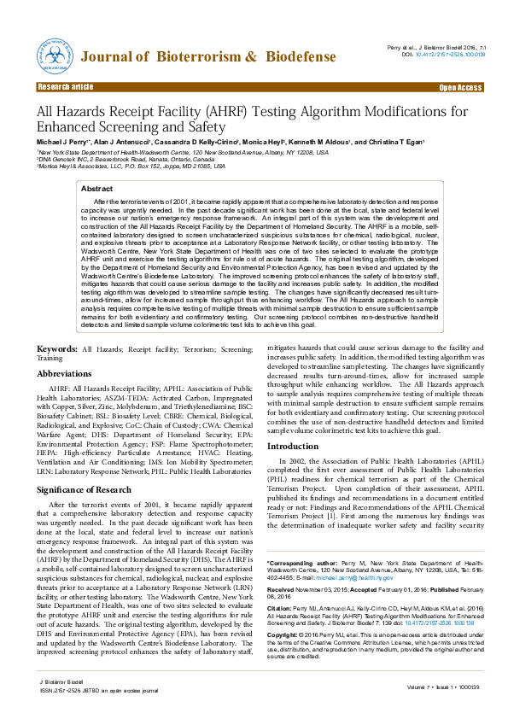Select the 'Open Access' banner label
[460, 87]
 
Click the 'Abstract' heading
[96, 188]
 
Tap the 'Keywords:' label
[57, 349]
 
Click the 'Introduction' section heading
[293, 447]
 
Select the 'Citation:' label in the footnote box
[281, 609]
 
